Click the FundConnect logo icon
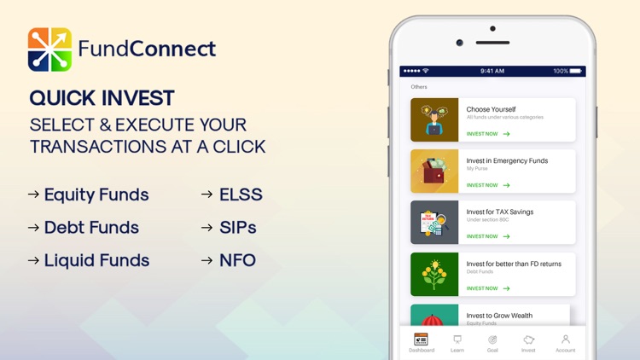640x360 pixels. point(49,49)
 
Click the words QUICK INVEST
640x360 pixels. point(102,98)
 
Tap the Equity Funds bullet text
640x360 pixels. point(96,195)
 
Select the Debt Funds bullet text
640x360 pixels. point(91,228)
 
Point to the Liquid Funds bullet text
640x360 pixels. point(96,260)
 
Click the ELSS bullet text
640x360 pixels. point(241,195)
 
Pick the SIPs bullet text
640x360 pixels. point(238,228)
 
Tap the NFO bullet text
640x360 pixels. point(237,260)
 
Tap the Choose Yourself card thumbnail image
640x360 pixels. point(434,119)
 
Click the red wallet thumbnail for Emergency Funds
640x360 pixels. point(434,171)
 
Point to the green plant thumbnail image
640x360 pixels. point(434,274)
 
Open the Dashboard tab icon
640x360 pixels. point(421,340)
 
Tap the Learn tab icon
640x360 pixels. point(457,340)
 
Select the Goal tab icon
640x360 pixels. point(492,340)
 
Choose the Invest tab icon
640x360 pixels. point(528,340)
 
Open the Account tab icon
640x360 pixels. point(565,340)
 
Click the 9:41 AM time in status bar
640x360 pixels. point(492,72)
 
